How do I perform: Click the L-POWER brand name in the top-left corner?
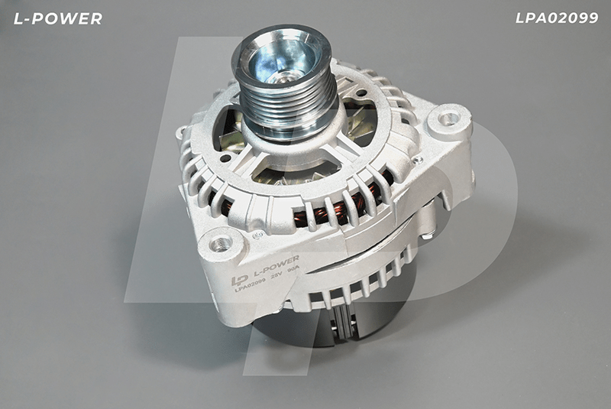point(58,18)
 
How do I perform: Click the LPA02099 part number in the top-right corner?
point(557,18)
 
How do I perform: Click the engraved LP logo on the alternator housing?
point(239,280)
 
